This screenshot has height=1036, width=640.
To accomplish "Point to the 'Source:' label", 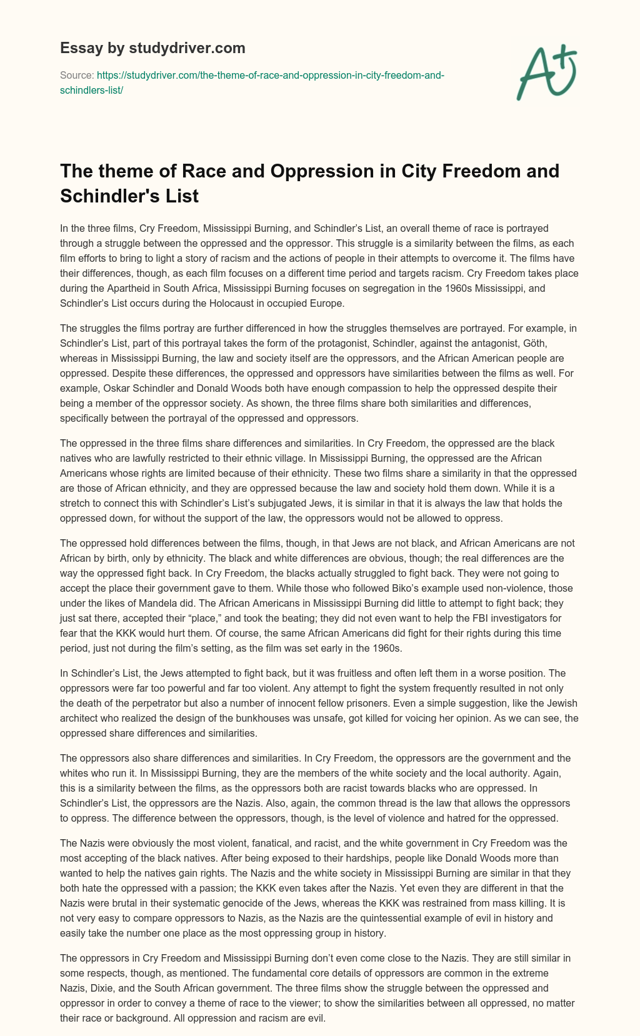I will pyautogui.click(x=76, y=75).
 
